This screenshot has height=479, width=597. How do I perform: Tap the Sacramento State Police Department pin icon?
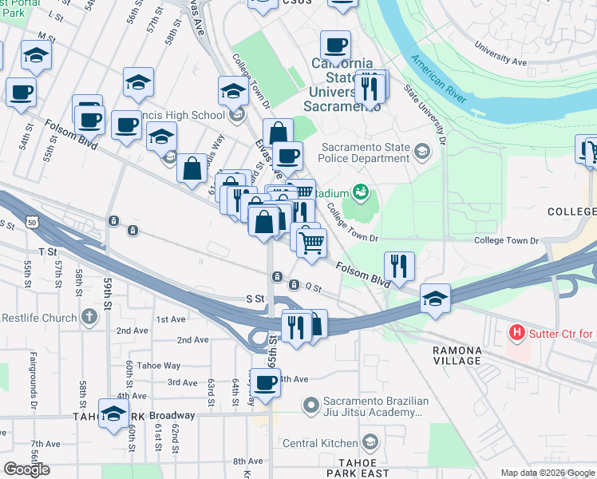coord(421,149)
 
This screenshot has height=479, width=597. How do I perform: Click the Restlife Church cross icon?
coord(88,318)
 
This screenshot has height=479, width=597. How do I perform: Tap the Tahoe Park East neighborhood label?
coord(363,468)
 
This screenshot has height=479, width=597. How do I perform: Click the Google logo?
coord(26,469)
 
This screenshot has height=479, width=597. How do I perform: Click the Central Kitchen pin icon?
coord(370,442)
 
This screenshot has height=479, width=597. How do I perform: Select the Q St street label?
coord(313,287)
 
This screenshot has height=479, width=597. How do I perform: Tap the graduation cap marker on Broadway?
coord(114,412)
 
